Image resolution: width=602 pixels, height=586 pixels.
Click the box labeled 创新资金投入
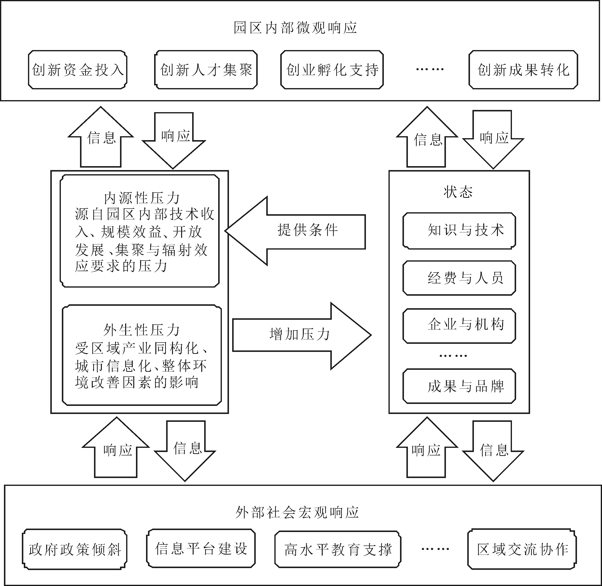click(78, 70)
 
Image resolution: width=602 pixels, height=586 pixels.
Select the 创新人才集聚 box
click(206, 70)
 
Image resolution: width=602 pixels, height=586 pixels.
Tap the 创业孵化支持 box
click(332, 70)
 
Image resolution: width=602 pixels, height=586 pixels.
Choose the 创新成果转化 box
click(523, 70)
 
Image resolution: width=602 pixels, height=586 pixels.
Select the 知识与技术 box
click(459, 230)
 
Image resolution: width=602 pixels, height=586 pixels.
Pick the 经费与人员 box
click(459, 278)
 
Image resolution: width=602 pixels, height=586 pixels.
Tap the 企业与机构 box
click(459, 326)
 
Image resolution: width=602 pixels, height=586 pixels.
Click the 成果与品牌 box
click(459, 386)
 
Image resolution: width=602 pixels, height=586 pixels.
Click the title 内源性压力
click(141, 198)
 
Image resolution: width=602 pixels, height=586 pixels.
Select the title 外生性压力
click(141, 330)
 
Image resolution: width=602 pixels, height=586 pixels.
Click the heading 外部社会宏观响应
click(297, 512)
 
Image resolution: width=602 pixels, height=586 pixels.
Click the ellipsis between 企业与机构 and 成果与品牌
click(453, 356)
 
